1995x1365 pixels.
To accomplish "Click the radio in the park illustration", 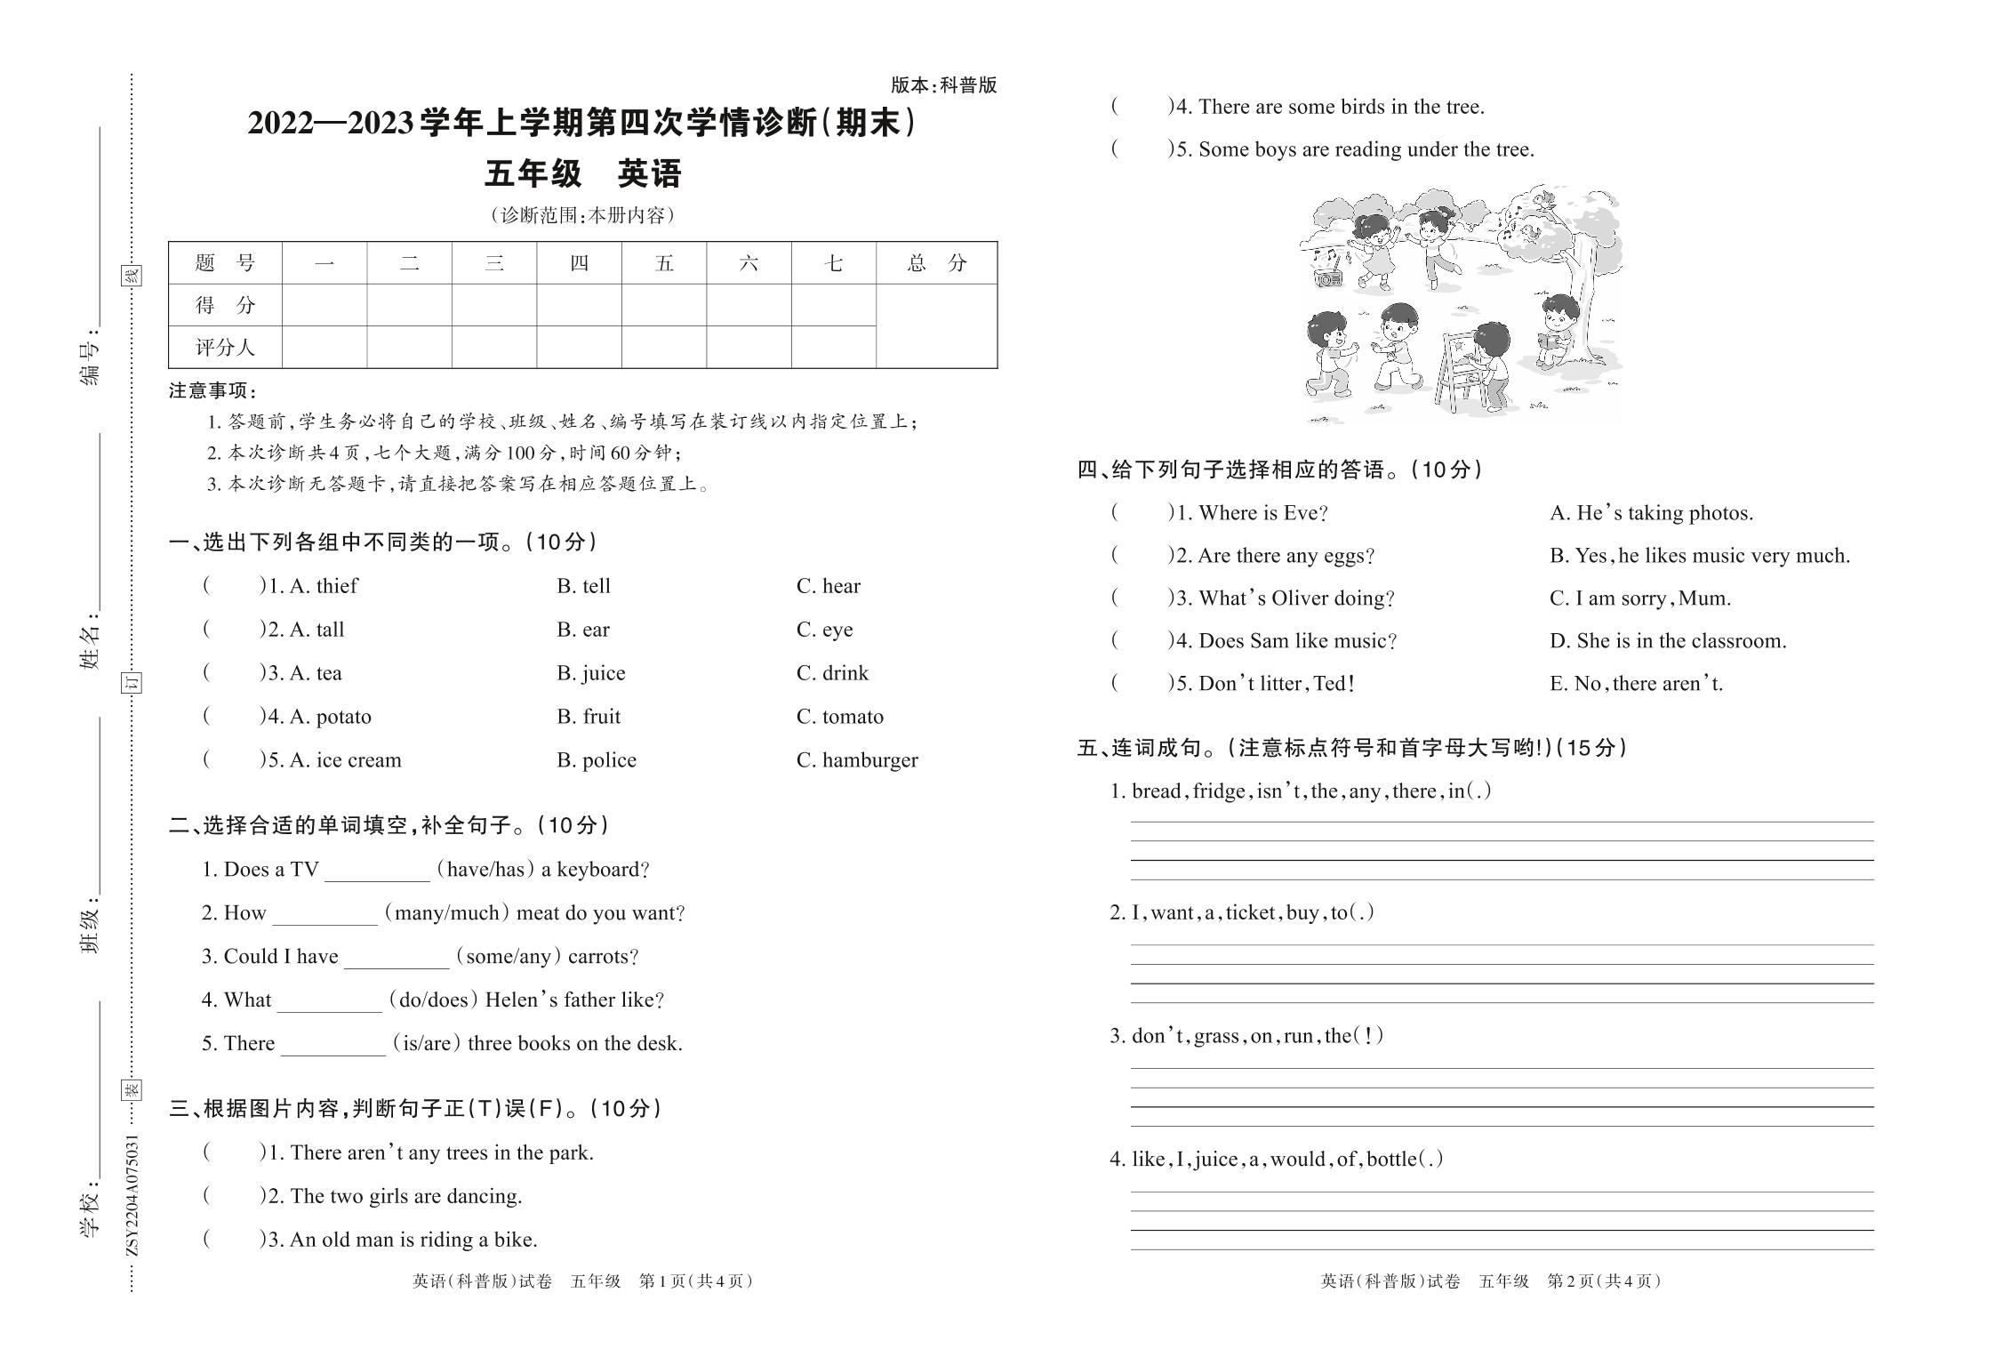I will pos(1329,277).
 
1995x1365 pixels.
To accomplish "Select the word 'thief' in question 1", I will pos(337,586).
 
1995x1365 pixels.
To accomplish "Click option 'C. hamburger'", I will pos(857,760).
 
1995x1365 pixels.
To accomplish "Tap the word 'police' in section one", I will pos(609,760).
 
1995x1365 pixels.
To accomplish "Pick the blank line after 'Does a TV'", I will pos(377,871).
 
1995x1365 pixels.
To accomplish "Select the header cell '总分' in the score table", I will pos(936,263).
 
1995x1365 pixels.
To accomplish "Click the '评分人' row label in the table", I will pos(225,348).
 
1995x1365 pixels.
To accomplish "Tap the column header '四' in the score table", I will pos(579,263).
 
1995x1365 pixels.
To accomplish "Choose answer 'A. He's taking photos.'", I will pos(1651,513).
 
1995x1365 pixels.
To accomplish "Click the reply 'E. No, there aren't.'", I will pos(1636,684).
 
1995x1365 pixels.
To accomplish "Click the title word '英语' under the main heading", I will pos(649,174).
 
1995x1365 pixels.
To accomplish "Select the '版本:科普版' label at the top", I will pos(943,85).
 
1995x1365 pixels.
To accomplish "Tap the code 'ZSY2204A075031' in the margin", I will pos(132,1194).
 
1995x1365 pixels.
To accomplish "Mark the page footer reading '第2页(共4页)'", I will pos(1603,1281).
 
